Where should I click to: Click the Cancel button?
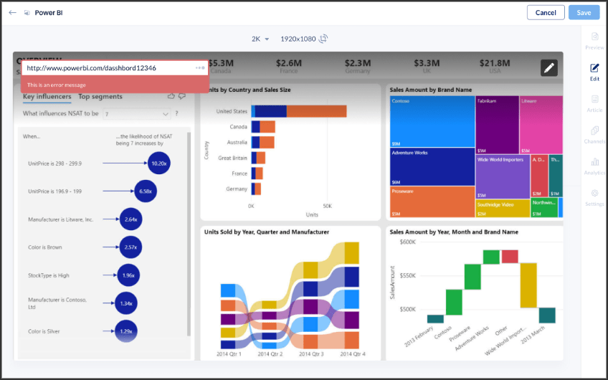pos(545,12)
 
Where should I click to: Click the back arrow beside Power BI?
pos(12,12)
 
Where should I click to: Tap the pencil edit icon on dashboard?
pos(548,67)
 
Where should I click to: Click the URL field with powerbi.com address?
pos(108,67)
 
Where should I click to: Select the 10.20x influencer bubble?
pos(158,163)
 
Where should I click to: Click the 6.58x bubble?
pos(145,191)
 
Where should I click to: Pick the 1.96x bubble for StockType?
pos(128,275)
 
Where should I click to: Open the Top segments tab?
pos(100,96)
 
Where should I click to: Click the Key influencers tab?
pos(47,96)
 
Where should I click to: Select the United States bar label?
pos(232,111)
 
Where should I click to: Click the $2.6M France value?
pos(289,64)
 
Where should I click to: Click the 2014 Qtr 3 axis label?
pos(310,354)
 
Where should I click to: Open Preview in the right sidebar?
pos(594,41)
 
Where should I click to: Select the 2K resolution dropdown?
pos(260,39)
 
